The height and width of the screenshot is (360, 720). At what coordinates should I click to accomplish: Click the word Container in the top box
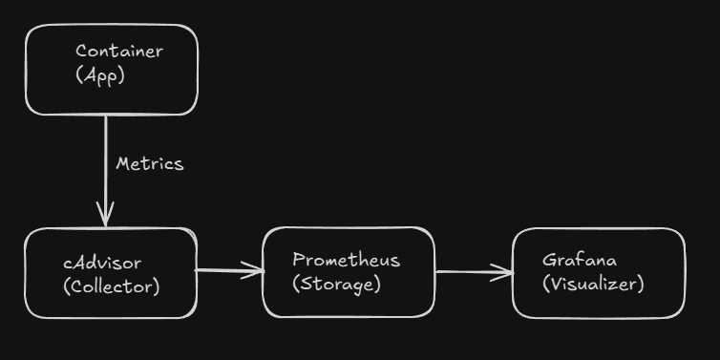point(119,52)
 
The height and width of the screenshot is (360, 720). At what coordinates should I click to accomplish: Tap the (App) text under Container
point(100,75)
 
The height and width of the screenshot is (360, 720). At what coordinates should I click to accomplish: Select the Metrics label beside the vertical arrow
point(149,164)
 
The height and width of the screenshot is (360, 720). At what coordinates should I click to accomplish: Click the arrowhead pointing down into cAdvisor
point(105,216)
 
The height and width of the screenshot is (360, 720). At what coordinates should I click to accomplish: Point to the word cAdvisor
point(102,263)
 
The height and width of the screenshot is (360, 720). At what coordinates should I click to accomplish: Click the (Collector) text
point(111,286)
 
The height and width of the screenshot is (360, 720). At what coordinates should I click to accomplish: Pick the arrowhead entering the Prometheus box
point(255,270)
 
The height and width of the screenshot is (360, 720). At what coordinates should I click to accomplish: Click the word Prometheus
point(346,260)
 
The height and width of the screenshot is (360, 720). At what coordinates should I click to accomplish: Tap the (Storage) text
point(336,284)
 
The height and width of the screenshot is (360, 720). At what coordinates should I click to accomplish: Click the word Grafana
point(580,260)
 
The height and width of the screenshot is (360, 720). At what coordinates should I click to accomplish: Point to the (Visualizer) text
point(593,284)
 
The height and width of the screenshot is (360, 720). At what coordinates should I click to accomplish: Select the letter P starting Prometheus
point(298,260)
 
